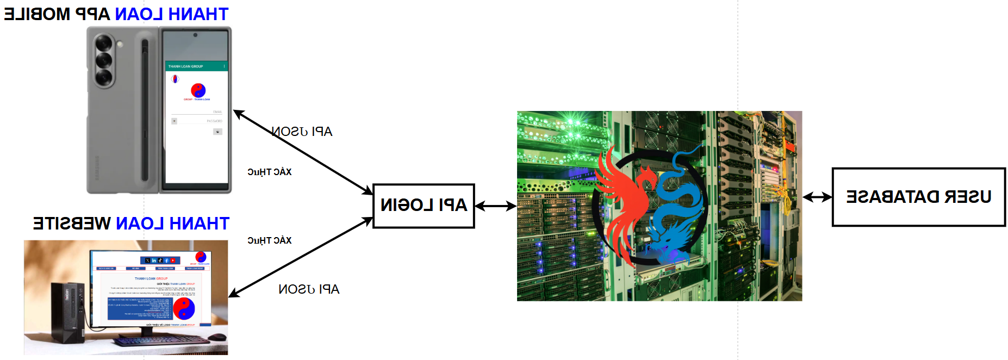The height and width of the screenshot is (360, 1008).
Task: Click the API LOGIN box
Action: click(424, 206)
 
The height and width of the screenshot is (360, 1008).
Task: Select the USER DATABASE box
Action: click(918, 197)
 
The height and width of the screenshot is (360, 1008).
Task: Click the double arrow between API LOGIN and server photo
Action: click(495, 206)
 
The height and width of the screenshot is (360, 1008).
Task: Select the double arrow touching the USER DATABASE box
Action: click(817, 197)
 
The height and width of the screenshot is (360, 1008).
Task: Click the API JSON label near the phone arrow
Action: click(302, 132)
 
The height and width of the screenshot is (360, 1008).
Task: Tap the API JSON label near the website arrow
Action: click(309, 289)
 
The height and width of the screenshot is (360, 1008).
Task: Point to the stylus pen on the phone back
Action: click(145, 109)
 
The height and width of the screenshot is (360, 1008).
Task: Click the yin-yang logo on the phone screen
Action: click(198, 90)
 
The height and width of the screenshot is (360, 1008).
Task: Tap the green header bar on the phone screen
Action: click(196, 66)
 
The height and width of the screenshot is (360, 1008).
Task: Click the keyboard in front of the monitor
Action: click(161, 341)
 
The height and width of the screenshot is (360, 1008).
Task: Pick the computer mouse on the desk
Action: click(217, 337)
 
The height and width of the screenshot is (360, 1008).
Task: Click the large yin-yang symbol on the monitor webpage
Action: click(184, 308)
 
